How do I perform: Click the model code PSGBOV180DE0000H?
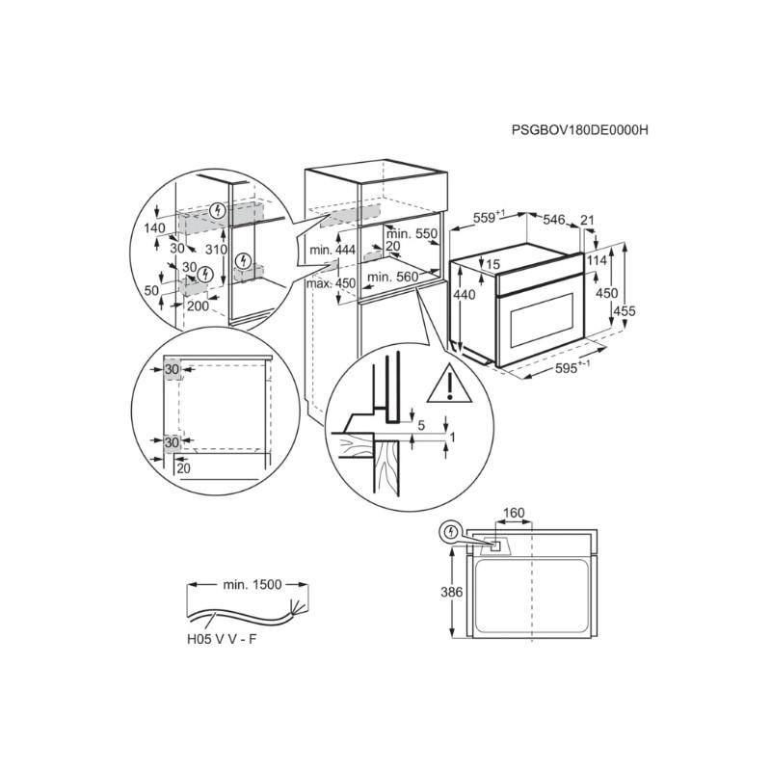[580, 130]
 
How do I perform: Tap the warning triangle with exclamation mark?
[449, 384]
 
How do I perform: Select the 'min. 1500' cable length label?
[253, 585]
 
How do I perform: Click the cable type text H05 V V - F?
[222, 639]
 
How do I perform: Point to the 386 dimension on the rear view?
[451, 592]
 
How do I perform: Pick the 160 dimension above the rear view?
[514, 514]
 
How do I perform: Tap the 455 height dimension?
[624, 310]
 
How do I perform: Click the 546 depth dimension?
[553, 220]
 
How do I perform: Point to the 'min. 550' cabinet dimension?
[412, 234]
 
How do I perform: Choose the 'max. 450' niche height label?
[331, 283]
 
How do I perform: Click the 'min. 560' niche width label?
[393, 277]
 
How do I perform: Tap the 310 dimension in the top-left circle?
[216, 250]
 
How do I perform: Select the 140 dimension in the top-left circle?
[155, 228]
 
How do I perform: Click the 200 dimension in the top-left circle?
[198, 306]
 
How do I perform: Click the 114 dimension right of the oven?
[597, 260]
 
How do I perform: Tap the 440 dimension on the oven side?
[465, 295]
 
